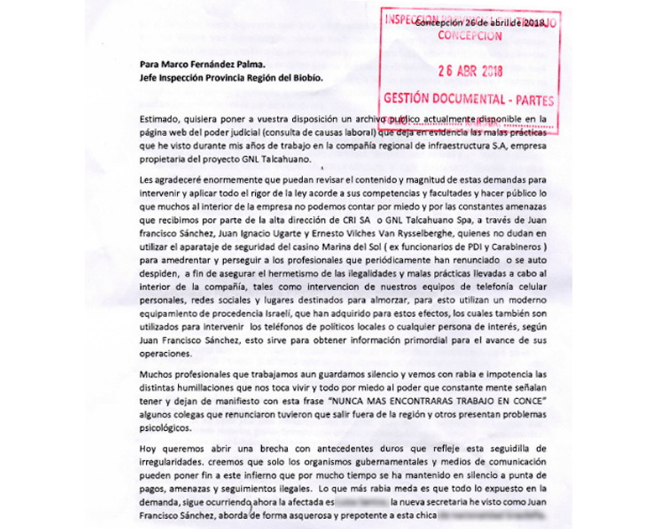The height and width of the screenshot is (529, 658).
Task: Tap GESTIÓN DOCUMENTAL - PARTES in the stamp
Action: (468, 98)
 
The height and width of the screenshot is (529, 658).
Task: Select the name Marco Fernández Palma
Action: (201, 64)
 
